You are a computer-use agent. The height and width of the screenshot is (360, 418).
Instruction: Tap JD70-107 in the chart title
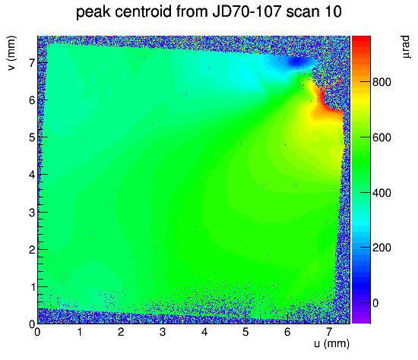coord(247,11)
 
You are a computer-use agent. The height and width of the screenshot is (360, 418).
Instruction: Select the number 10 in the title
coord(332,11)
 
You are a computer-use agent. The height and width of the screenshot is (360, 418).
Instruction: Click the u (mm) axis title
coord(331,343)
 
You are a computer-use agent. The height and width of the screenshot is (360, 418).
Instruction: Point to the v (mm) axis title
coord(11,52)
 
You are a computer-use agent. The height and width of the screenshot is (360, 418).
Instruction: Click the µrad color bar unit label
coord(405,47)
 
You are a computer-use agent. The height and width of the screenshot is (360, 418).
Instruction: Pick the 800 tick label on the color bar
coord(382,82)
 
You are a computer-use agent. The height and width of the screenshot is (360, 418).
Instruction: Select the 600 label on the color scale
coord(382,137)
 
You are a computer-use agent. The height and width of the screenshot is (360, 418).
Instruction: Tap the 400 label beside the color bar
coord(382,193)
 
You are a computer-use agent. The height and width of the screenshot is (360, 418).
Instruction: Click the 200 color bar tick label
coord(382,248)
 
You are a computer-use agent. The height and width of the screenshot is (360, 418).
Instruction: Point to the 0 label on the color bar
coord(375,303)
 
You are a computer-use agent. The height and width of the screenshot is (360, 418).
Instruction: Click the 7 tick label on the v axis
coord(32,63)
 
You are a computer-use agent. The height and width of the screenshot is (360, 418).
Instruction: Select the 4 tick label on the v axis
coord(32,175)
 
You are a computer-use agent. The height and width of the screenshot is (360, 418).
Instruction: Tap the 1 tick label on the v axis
coord(33,287)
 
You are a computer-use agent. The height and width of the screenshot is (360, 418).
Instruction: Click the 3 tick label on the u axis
coord(163,332)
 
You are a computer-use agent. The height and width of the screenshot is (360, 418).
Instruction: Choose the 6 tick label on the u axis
coord(287,332)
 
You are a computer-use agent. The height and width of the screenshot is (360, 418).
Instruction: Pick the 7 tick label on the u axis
coord(328,332)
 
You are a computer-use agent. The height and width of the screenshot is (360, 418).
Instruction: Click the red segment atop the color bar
coord(361,39)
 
